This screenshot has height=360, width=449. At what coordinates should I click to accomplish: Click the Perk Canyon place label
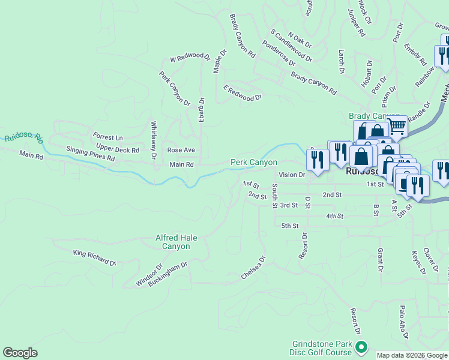(x=254, y=163)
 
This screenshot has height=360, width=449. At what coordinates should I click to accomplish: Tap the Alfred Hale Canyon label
(x=176, y=242)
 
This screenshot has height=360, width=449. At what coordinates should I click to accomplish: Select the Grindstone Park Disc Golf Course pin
(x=361, y=347)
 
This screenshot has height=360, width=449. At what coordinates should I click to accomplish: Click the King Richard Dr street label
(x=94, y=258)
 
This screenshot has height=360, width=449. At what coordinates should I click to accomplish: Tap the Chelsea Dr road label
(x=253, y=268)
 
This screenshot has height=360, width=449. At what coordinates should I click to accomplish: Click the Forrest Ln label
(x=107, y=137)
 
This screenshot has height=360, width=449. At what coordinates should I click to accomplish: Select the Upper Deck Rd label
(x=118, y=149)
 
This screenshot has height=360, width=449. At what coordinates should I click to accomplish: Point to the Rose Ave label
(x=181, y=150)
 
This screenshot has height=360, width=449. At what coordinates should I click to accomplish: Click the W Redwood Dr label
(x=190, y=59)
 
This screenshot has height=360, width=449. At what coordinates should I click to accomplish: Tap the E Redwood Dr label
(x=243, y=93)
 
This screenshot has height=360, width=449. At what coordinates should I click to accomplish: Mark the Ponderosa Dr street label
(x=279, y=53)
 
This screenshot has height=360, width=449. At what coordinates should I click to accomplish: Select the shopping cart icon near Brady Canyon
(x=397, y=126)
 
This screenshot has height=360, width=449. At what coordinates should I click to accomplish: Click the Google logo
(x=20, y=353)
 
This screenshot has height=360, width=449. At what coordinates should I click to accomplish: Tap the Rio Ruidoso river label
(x=23, y=137)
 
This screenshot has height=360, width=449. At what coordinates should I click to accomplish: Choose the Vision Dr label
(x=292, y=175)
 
